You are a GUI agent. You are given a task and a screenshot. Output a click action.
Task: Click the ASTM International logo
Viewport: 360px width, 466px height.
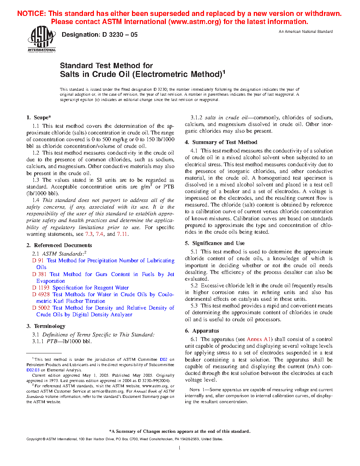[x=42, y=39]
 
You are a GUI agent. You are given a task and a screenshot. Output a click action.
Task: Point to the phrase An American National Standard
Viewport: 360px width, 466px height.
[x=305, y=32]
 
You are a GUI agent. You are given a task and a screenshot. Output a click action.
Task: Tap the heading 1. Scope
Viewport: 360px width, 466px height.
[x=39, y=118]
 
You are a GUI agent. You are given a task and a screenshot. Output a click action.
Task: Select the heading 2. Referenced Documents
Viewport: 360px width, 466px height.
[x=59, y=245]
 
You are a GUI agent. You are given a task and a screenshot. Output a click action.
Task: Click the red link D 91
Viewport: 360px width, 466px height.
[x=38, y=261]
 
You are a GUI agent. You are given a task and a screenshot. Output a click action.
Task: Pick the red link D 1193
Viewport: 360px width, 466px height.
[x=41, y=288]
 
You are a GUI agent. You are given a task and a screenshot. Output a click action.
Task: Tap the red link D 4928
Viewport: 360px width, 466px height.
[x=41, y=294]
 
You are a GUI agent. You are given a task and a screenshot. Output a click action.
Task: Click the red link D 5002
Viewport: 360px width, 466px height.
[x=41, y=308]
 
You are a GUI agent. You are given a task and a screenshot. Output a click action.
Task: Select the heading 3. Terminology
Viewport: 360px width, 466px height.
[x=46, y=326]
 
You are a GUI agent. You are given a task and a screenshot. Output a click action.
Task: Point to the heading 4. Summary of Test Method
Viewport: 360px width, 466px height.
[x=221, y=142]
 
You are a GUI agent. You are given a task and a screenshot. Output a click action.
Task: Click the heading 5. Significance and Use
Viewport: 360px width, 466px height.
[x=215, y=243]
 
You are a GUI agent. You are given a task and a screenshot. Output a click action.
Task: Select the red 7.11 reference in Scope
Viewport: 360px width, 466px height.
[x=122, y=234]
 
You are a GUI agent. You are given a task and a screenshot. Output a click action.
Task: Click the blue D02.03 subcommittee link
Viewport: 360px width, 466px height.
[x=33, y=370]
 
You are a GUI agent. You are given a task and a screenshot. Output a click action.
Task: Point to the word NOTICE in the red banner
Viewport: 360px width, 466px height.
[x=31, y=14]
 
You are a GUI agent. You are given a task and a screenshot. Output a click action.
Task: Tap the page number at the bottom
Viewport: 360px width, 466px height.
[x=180, y=448]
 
